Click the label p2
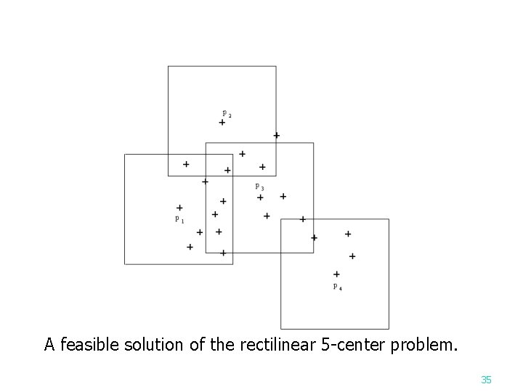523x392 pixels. [227, 113]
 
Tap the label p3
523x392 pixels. [259, 187]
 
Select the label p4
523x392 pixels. [338, 287]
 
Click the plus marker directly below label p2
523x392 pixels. [222, 123]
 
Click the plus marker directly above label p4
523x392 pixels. [336, 274]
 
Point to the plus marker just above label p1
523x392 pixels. [179, 208]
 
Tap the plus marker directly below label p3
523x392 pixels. [260, 197]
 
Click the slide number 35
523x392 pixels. [487, 379]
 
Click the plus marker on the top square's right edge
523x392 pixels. [276, 136]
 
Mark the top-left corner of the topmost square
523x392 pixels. [169, 66]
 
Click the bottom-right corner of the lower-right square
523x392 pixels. [389, 329]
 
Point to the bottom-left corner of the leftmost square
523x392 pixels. [125, 264]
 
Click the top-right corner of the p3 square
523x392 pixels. [314, 143]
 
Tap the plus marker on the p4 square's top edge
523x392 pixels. [303, 219]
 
